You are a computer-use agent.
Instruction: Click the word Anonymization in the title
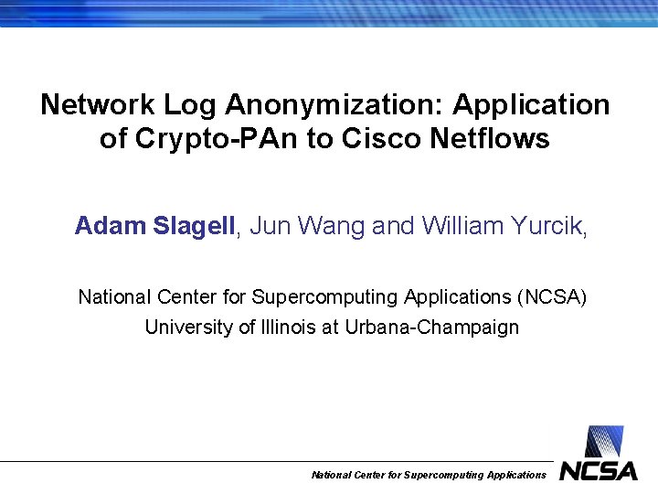333,105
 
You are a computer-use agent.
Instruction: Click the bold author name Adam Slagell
155,226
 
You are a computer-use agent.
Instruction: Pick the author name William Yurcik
503,226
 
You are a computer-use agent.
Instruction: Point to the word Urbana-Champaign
431,328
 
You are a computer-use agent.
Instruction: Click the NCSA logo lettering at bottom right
599,471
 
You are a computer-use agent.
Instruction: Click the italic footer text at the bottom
429,475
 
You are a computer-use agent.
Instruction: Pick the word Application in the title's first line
531,105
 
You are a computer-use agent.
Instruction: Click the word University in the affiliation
187,328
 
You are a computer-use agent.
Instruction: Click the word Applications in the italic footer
516,475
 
